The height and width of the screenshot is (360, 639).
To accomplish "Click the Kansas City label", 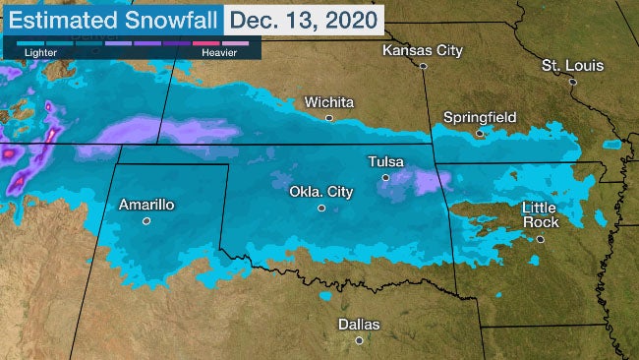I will tap(422, 49).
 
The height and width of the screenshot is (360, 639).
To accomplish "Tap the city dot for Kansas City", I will tap(423, 66).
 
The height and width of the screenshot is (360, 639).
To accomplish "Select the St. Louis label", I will tap(572, 65).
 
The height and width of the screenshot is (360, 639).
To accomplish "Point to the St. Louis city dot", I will tap(572, 83).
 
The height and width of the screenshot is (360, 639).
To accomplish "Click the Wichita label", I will tap(329, 101).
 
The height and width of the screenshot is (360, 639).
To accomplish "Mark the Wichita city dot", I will tap(329, 118).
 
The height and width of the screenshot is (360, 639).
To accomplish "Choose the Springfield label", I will tap(480, 117).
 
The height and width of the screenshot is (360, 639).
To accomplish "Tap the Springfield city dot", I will tap(480, 133).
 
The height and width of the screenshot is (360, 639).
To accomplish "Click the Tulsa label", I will tap(385, 161).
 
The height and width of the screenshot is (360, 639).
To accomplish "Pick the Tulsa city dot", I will tap(385, 178).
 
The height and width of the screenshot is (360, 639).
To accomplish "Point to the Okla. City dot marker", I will tap(320, 209).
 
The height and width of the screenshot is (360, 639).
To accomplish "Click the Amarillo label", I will tap(145, 205).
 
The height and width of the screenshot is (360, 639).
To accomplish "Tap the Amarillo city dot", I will tap(146, 221).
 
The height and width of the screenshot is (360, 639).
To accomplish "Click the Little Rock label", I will tap(540, 214).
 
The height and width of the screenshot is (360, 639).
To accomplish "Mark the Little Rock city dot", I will tap(540, 238).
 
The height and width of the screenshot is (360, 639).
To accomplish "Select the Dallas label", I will tap(359, 324).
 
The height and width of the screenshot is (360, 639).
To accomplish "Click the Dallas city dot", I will tap(359, 340).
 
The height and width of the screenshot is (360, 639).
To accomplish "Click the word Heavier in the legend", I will tap(218, 53).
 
